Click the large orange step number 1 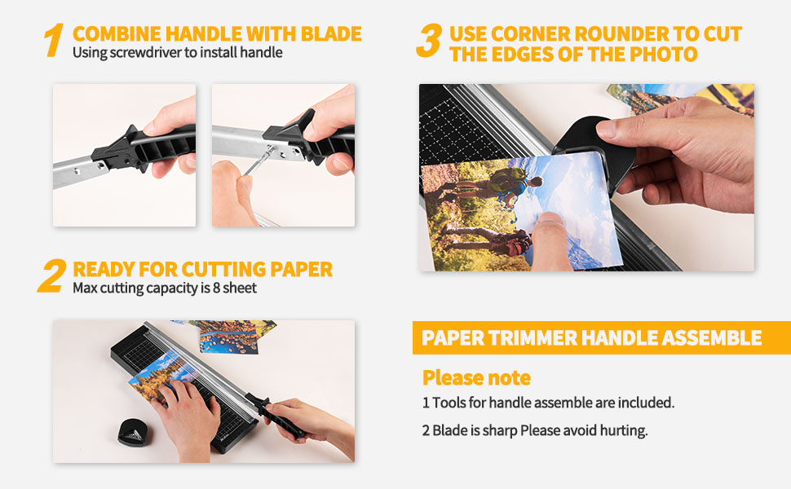tap(53, 41)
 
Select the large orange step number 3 tap(428, 41)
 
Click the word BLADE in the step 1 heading tap(330, 34)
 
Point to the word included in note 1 tap(647, 403)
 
